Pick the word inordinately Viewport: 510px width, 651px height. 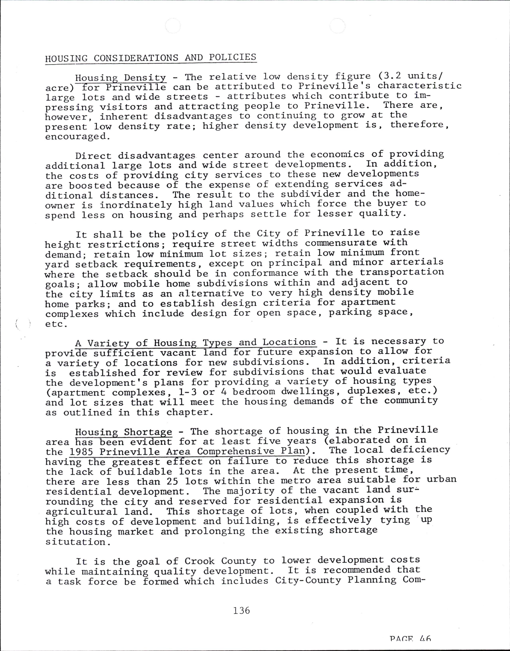[136, 205]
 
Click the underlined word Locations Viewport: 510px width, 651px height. [289, 342]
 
